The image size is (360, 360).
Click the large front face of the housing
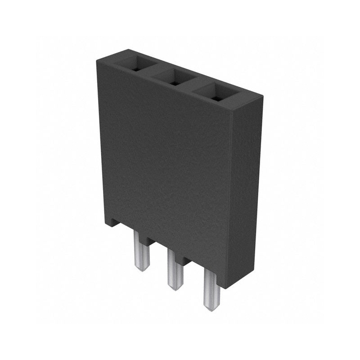click(166, 157)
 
